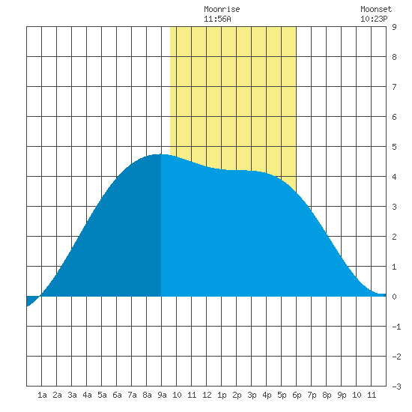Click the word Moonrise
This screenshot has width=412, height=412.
[222, 9]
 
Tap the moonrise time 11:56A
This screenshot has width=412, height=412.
[217, 19]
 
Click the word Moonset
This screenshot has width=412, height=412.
[376, 9]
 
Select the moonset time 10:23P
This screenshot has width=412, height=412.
[374, 19]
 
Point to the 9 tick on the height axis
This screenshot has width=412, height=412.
[394, 27]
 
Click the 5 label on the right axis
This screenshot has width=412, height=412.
[394, 147]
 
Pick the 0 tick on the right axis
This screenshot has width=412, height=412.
[394, 297]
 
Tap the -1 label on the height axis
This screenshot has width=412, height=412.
[396, 327]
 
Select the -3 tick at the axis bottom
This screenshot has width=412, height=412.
[396, 387]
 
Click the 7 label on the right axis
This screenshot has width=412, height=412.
[394, 87]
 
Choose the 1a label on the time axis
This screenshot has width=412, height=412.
[42, 395]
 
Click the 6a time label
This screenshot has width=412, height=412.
[117, 395]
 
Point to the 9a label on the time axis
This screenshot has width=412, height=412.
[162, 395]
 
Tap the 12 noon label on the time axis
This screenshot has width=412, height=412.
[207, 395]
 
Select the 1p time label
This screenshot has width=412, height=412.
[222, 395]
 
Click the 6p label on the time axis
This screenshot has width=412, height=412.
[297, 395]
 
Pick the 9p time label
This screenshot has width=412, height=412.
[342, 395]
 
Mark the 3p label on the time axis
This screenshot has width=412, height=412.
[252, 395]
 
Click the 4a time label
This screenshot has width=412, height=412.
[87, 395]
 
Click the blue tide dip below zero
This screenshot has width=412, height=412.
[31, 300]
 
